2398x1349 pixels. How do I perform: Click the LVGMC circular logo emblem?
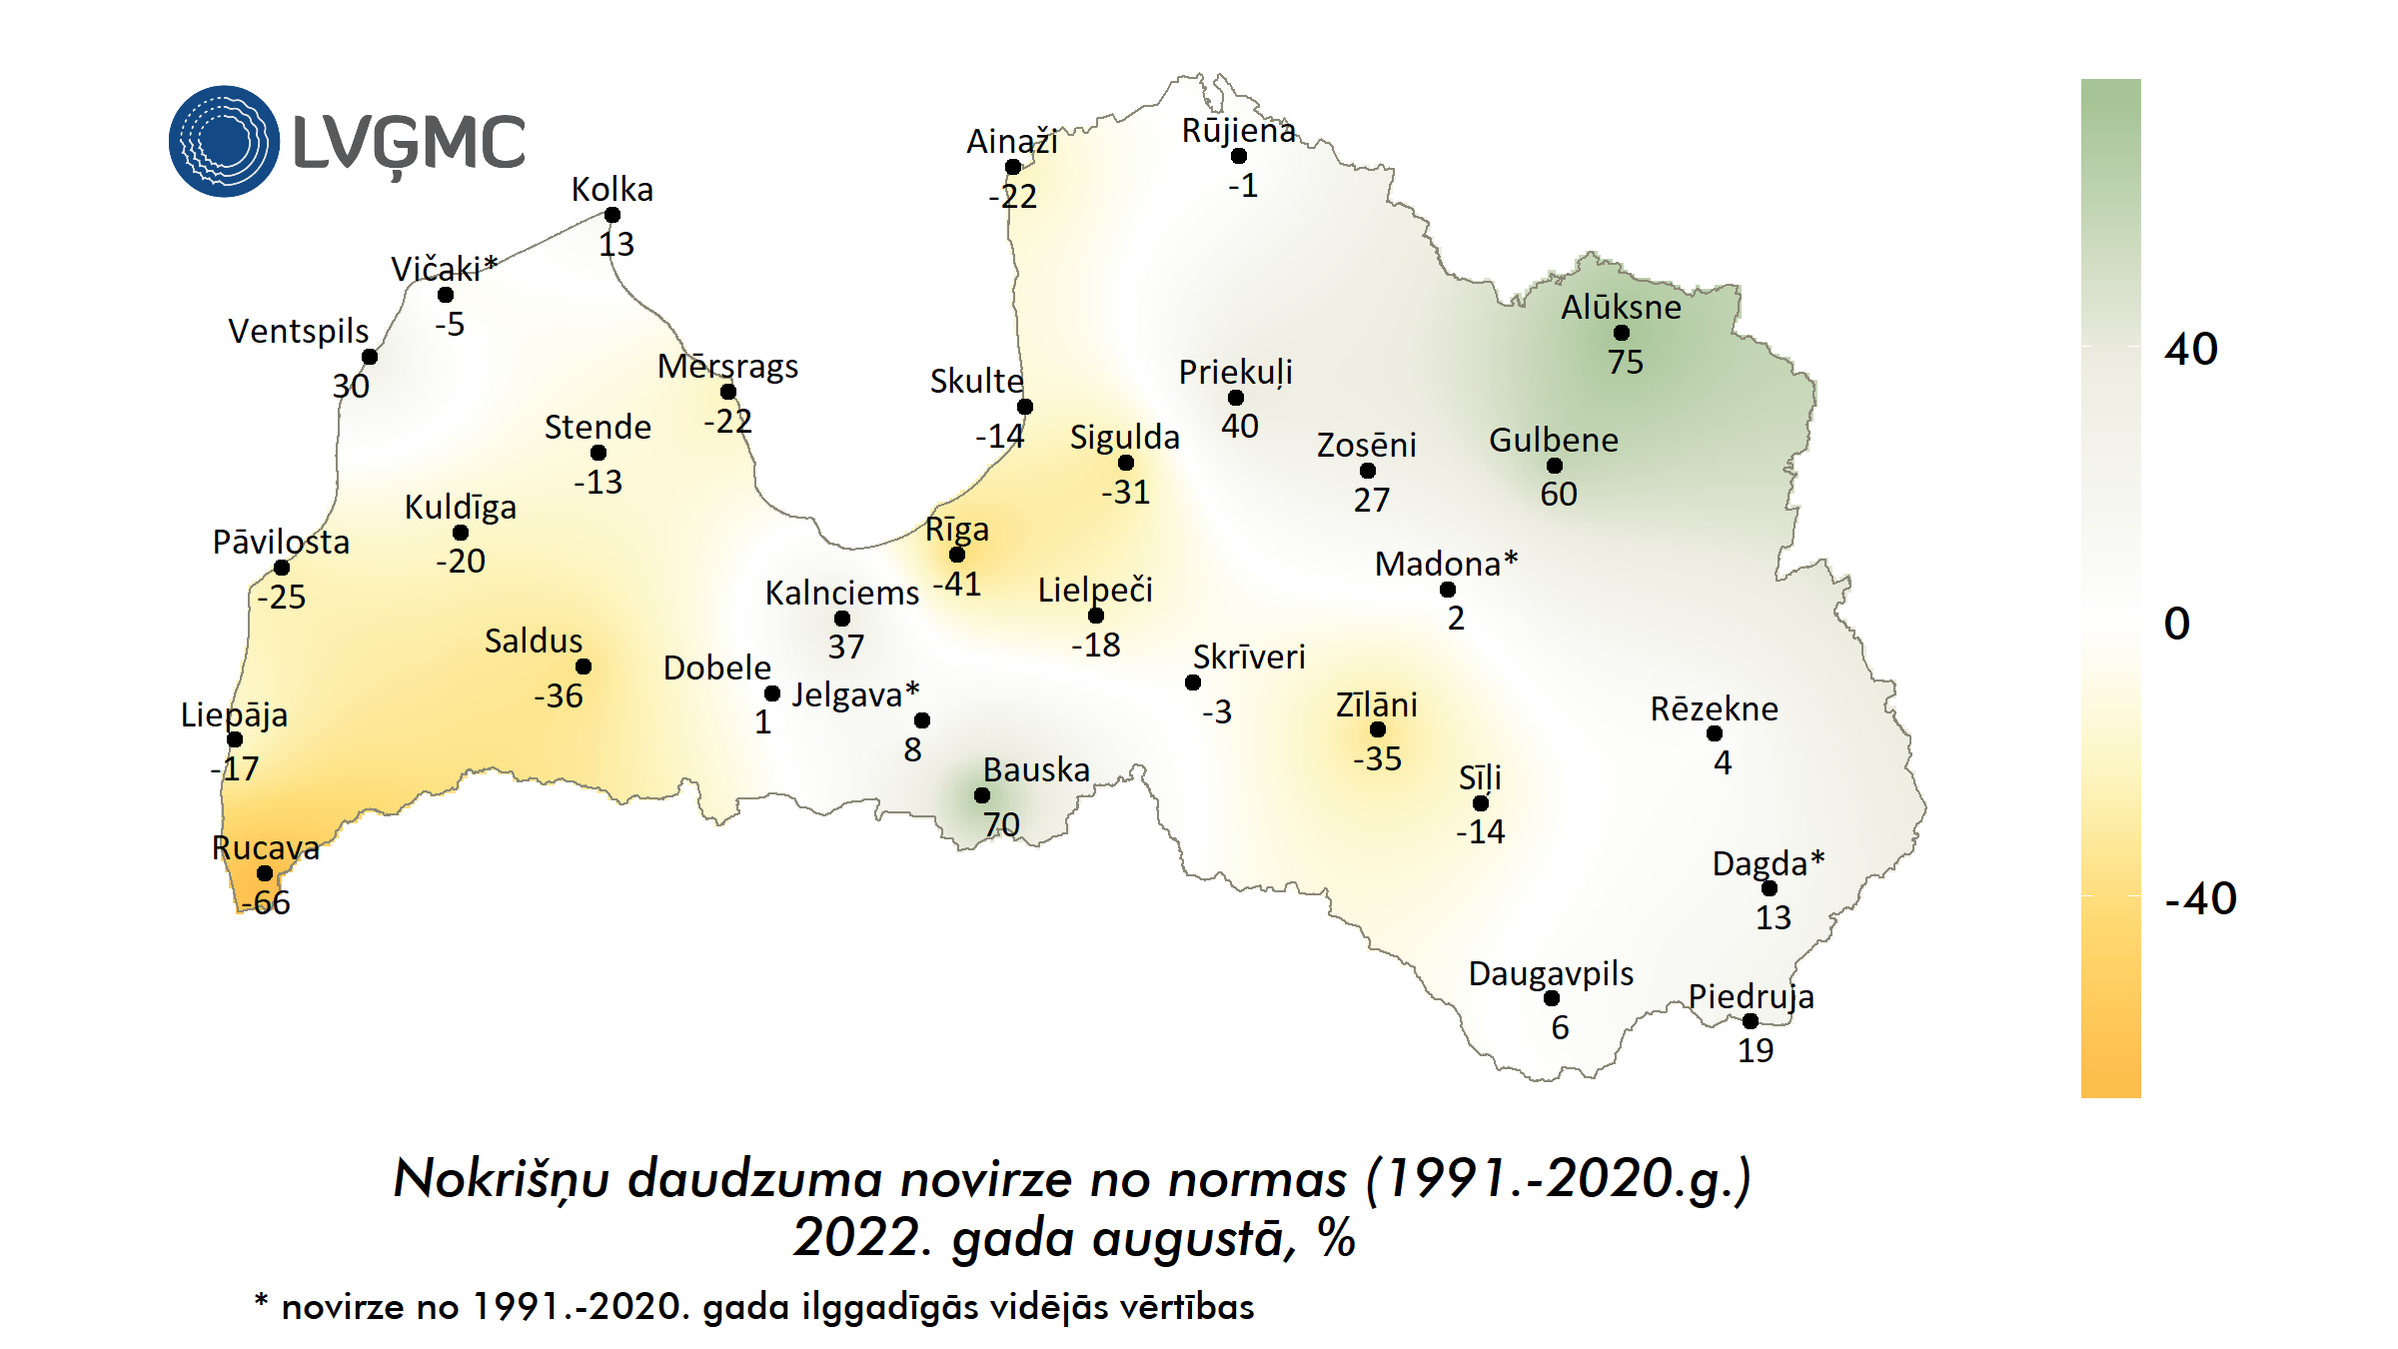click(224, 141)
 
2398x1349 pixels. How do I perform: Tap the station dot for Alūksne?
click(1621, 333)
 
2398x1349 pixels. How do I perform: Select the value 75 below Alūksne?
click(1625, 362)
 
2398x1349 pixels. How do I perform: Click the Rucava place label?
click(266, 847)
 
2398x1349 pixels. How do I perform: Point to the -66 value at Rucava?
click(266, 902)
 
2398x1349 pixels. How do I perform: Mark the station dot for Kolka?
click(612, 215)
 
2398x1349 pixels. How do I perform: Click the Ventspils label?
click(298, 331)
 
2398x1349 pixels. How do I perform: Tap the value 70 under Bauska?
click(1001, 824)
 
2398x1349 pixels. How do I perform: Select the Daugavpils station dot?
click(1552, 998)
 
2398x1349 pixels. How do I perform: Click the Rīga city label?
click(956, 530)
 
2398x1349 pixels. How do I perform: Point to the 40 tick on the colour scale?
click(2190, 349)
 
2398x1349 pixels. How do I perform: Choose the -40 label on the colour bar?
click(2199, 898)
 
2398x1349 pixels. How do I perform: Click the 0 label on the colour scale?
click(2176, 624)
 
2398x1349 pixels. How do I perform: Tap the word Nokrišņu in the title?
click(501, 1179)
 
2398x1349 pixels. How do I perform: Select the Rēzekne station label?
click(1714, 708)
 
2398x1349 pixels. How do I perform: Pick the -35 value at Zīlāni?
click(1377, 758)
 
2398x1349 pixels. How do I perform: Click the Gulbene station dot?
click(1555, 466)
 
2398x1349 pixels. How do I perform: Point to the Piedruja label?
click(1751, 996)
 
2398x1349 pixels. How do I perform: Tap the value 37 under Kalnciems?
click(845, 647)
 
